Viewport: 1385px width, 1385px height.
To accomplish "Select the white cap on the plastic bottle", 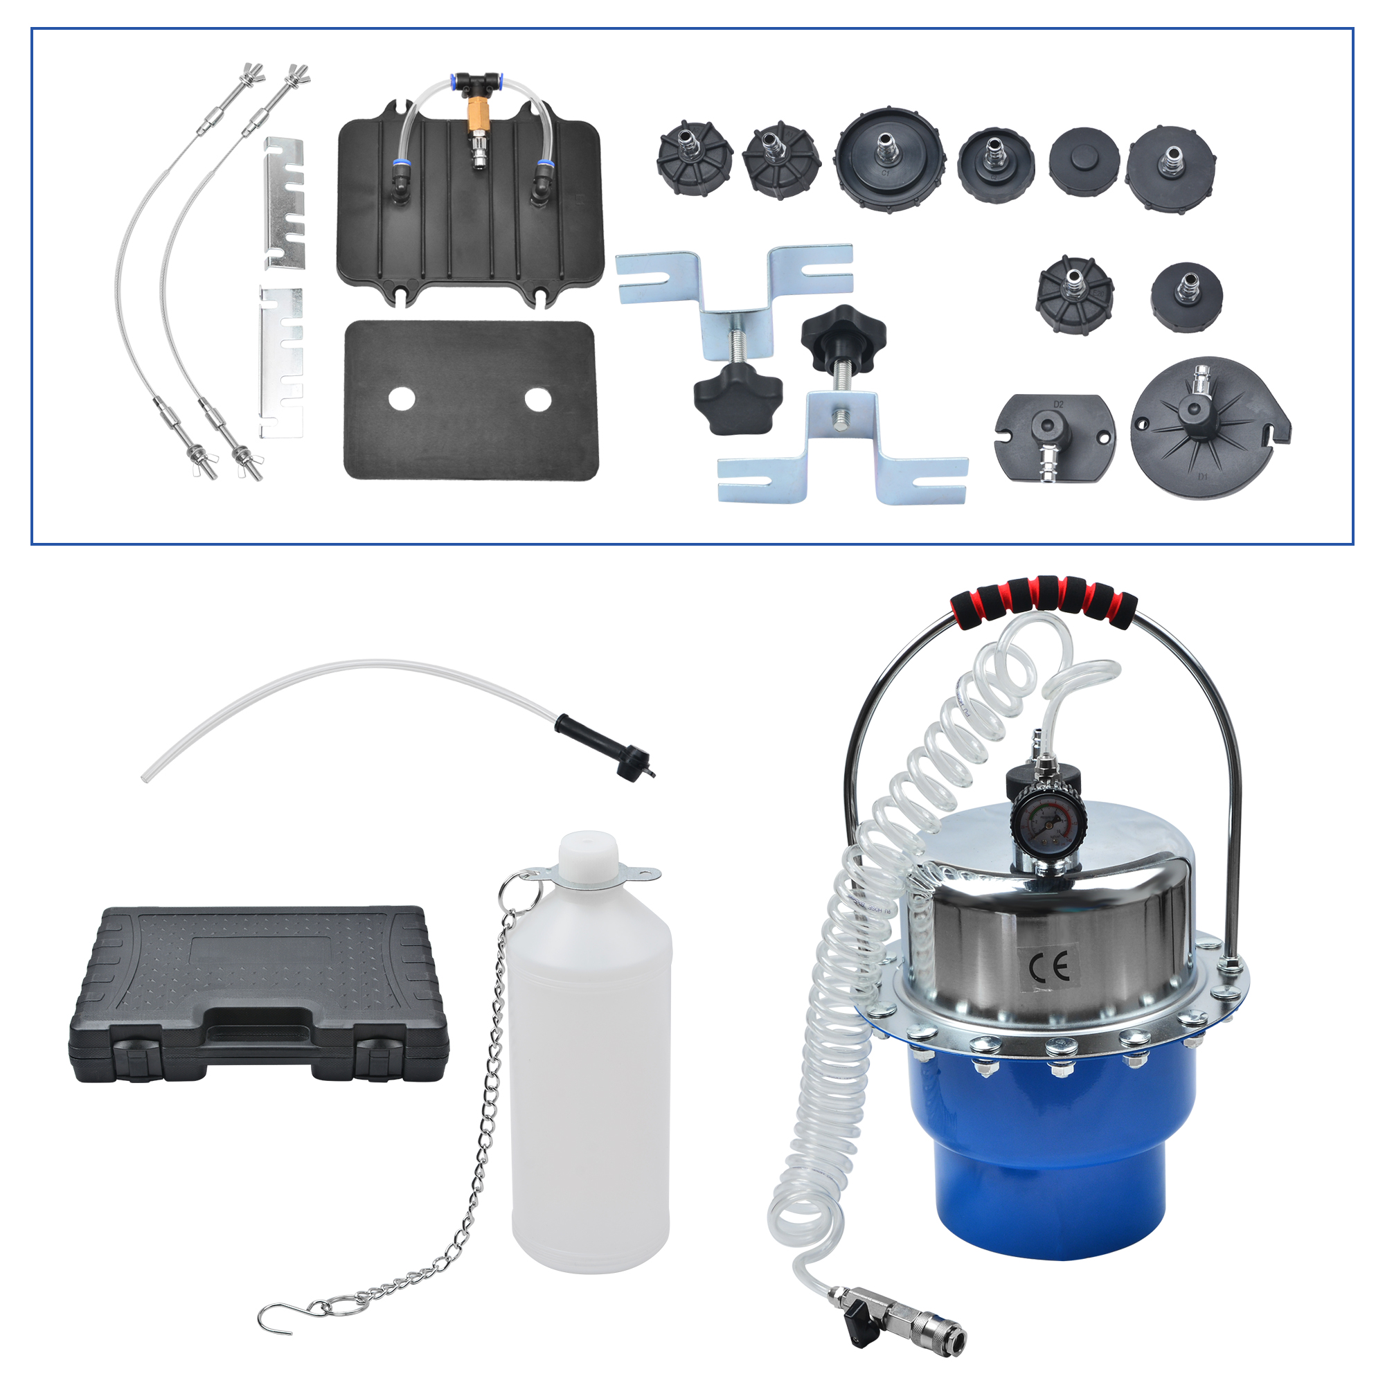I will (x=587, y=855).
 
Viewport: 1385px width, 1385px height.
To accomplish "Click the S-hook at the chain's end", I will (x=274, y=1319).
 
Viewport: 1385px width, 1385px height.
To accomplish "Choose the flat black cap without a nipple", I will (x=1084, y=161).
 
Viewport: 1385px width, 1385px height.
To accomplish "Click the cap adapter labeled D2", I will (x=1055, y=436).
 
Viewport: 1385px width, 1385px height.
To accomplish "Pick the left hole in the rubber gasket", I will (x=402, y=399).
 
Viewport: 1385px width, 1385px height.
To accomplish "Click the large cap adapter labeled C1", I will (x=889, y=160).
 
